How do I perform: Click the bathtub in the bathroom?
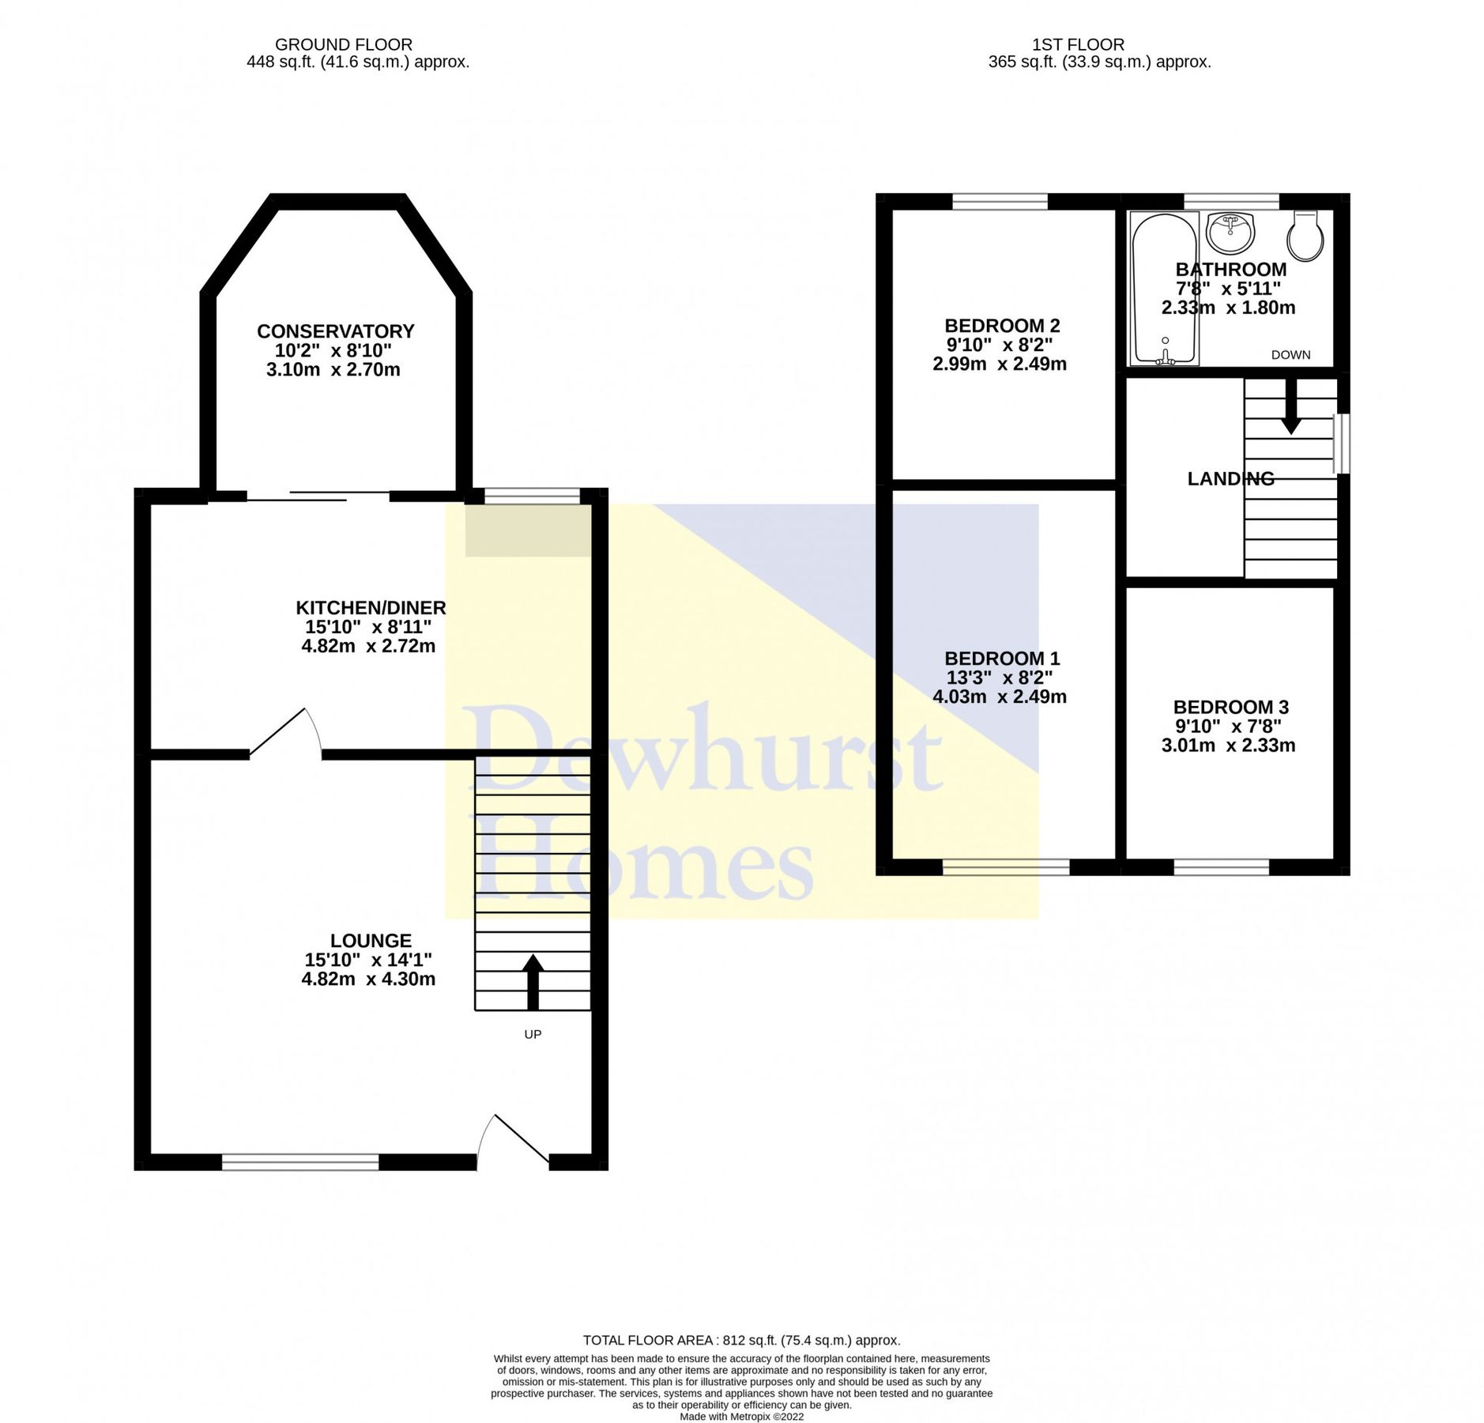[1164, 289]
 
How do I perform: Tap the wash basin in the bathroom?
[1230, 232]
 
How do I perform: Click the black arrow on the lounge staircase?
[533, 981]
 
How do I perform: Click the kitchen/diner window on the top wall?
[532, 496]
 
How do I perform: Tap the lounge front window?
[300, 1161]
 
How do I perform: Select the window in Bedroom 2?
[1000, 202]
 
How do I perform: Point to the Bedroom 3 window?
[1221, 867]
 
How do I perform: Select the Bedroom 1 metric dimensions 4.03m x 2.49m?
[999, 696]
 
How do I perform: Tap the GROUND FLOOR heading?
[343, 45]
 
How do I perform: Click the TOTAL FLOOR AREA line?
[741, 1340]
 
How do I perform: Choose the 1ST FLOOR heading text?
[1078, 45]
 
